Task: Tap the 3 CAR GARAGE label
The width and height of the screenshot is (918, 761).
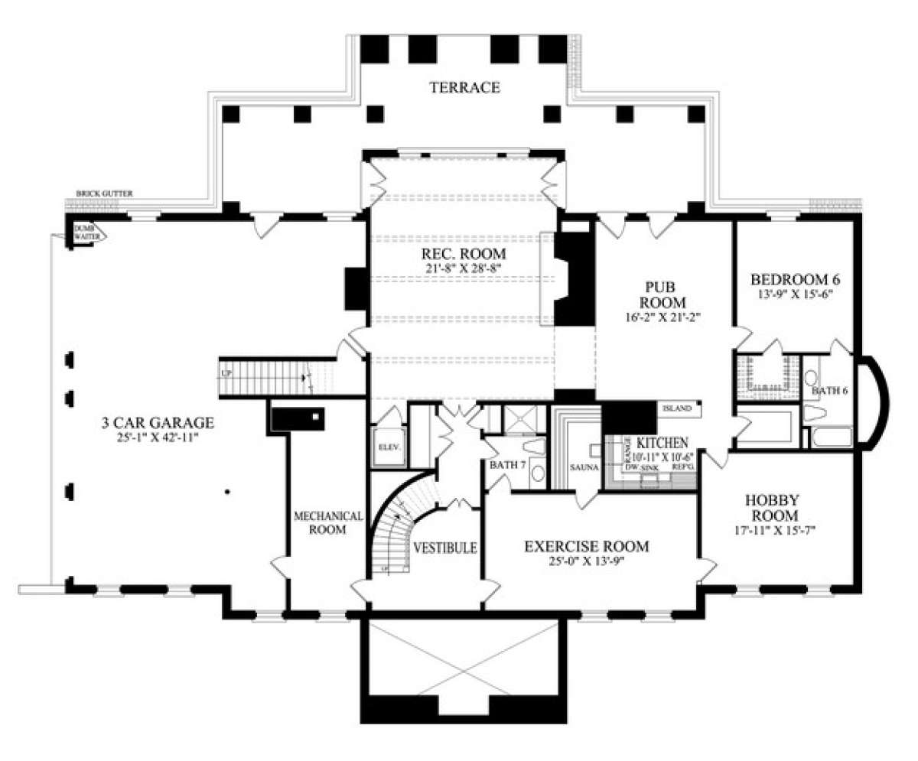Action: point(157,422)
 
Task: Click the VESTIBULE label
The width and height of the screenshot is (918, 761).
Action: point(445,548)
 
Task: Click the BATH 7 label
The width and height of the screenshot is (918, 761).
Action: point(507,464)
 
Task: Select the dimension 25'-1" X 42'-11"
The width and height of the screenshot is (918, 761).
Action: point(157,438)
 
